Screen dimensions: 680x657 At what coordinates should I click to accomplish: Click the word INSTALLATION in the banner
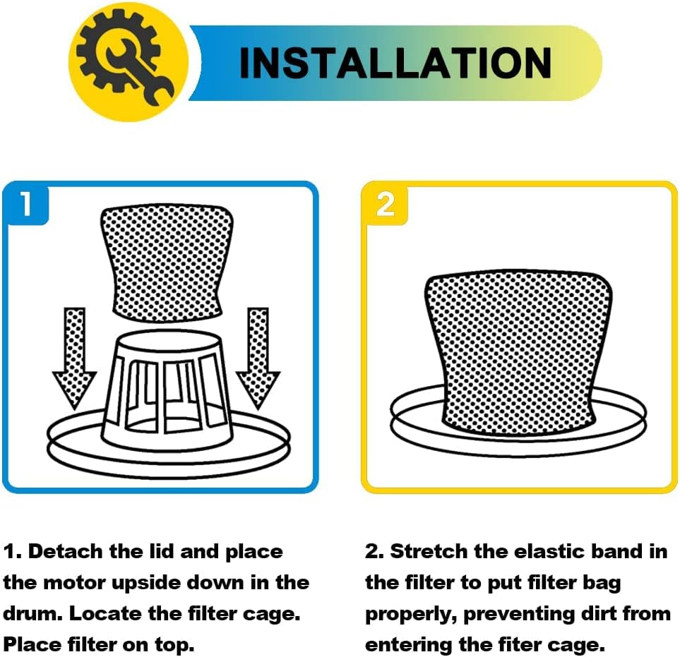pyautogui.click(x=395, y=64)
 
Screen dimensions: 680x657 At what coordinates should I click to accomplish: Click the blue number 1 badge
pyautogui.click(x=26, y=204)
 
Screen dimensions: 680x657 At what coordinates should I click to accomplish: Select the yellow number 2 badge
pyautogui.click(x=385, y=204)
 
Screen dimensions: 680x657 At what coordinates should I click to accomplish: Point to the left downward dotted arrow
pyautogui.click(x=74, y=358)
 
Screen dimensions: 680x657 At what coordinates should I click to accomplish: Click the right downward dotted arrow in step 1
pyautogui.click(x=258, y=358)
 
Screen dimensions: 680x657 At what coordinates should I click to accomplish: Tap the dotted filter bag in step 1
pyautogui.click(x=167, y=263)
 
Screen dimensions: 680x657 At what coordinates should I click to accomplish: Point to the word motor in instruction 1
pyautogui.click(x=75, y=583)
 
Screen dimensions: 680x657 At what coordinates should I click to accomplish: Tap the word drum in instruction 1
pyautogui.click(x=31, y=614)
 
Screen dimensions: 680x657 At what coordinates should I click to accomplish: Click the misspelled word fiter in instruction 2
pyautogui.click(x=519, y=645)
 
